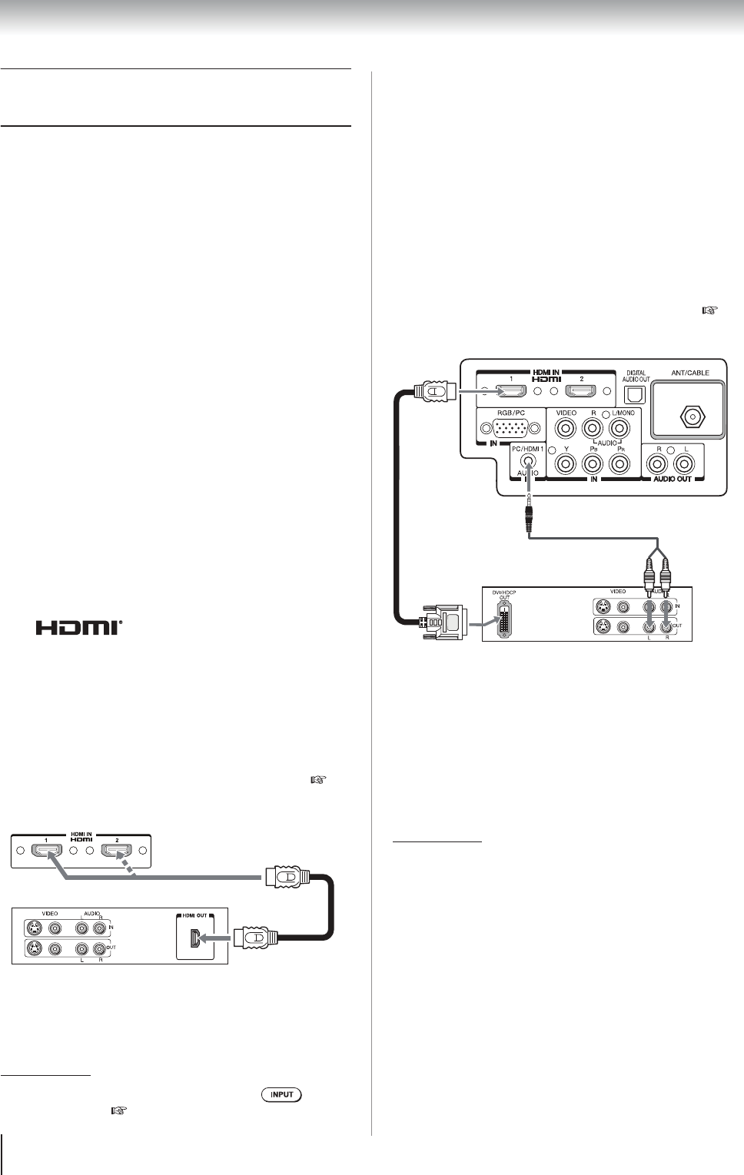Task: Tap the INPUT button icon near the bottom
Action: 282,1094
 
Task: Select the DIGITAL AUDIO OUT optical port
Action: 634,394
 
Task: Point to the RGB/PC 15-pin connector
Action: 509,428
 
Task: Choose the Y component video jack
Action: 566,463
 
